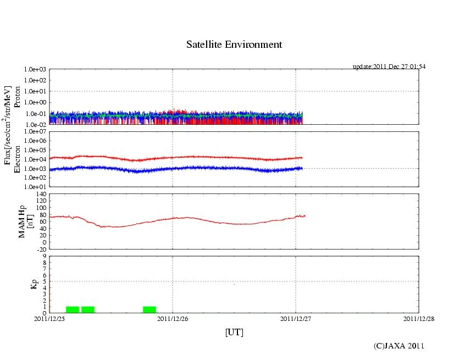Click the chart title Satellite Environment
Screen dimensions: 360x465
point(234,45)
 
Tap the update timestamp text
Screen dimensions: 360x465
point(389,67)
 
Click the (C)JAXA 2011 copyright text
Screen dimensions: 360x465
point(398,346)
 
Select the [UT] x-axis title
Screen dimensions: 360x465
point(234,332)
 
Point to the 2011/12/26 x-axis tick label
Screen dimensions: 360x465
point(173,318)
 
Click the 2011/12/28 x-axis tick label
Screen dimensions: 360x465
point(418,318)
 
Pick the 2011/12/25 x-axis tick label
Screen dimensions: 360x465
point(49,318)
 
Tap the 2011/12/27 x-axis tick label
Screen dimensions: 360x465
point(296,318)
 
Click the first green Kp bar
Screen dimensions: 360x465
point(73,309)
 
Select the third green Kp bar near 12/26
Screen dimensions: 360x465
point(150,309)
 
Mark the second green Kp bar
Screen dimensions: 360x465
point(88,309)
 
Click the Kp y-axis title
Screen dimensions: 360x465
point(23,284)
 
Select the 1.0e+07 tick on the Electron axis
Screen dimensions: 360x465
point(35,132)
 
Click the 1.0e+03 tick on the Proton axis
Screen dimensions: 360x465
point(35,70)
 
